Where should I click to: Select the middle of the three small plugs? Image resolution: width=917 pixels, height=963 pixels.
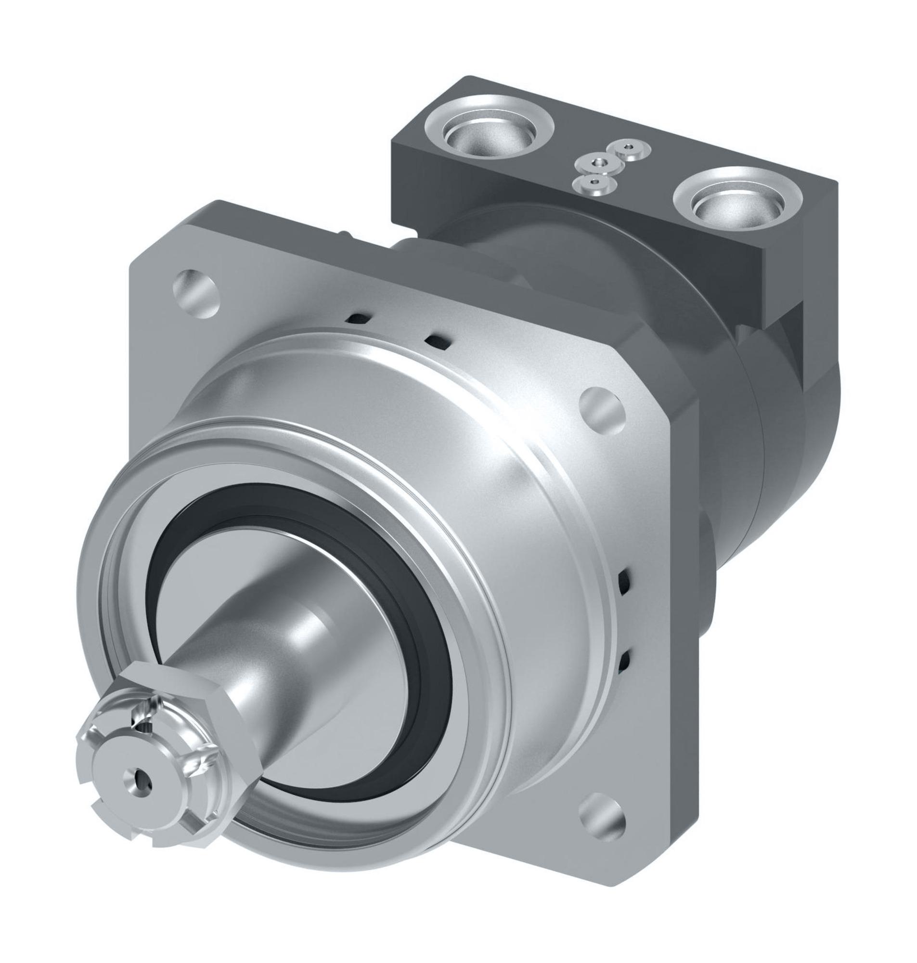point(598,164)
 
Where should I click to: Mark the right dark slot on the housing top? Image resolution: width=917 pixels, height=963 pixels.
point(436,341)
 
